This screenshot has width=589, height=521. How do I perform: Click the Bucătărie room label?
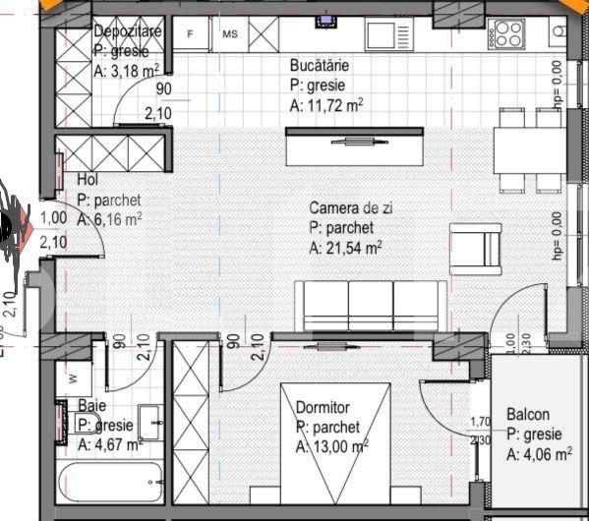[x=320, y=66]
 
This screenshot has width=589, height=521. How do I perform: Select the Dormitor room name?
[x=323, y=407]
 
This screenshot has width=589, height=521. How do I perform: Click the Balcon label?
[x=528, y=415]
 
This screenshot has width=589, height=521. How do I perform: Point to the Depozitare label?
[x=128, y=31]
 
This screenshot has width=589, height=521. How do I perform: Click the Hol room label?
[x=87, y=181]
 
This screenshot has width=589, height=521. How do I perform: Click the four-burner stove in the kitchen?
[x=508, y=34]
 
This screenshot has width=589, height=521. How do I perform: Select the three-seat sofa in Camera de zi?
[x=348, y=305]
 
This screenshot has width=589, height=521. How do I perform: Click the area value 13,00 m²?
[x=332, y=447]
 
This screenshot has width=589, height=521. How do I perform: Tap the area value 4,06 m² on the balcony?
[x=540, y=454]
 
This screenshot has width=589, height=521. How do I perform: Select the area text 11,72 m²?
[x=327, y=104]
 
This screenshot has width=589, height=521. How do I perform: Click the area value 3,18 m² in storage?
[x=128, y=69]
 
